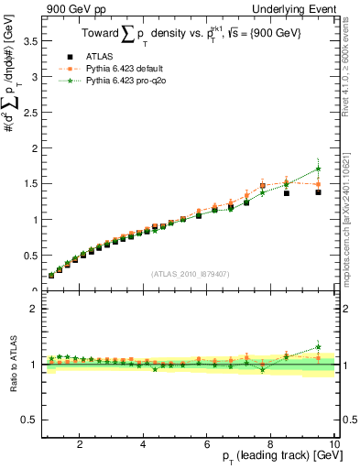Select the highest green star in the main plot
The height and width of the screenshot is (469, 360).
(319, 169)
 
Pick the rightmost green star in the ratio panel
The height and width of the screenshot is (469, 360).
(319, 347)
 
